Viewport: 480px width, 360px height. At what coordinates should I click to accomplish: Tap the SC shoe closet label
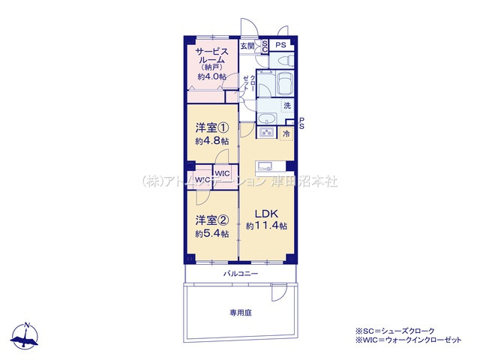pyautogui.click(x=264, y=46)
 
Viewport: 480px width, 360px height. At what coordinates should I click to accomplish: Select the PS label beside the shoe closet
pyautogui.click(x=280, y=46)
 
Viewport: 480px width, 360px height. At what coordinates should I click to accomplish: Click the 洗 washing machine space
pyautogui.click(x=287, y=106)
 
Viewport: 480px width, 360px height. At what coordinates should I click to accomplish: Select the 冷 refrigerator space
pyautogui.click(x=286, y=133)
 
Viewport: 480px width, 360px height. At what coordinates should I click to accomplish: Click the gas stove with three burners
pyautogui.click(x=267, y=133)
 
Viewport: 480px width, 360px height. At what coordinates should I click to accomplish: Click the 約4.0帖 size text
pyautogui.click(x=212, y=75)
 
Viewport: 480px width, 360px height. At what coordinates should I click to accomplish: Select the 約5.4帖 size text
pyautogui.click(x=211, y=233)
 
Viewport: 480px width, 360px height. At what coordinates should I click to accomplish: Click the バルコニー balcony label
pyautogui.click(x=240, y=274)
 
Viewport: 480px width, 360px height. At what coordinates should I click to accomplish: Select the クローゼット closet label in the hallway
pyautogui.click(x=252, y=83)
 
